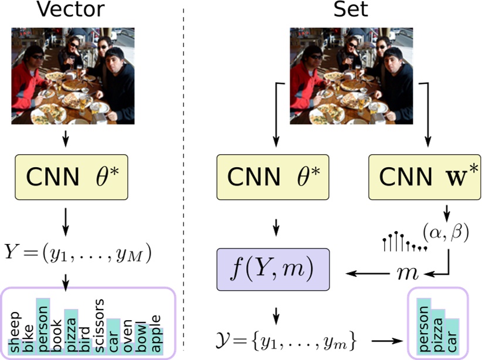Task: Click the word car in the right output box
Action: click(452, 340)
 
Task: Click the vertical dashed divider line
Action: click(186, 176)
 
